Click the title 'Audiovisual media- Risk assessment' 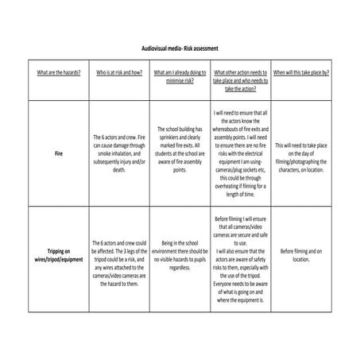pyautogui.click(x=179, y=48)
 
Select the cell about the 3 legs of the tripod pyautogui.click(x=119, y=256)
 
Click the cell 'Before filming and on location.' pyautogui.click(x=301, y=254)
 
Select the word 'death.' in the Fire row pyautogui.click(x=119, y=169)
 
